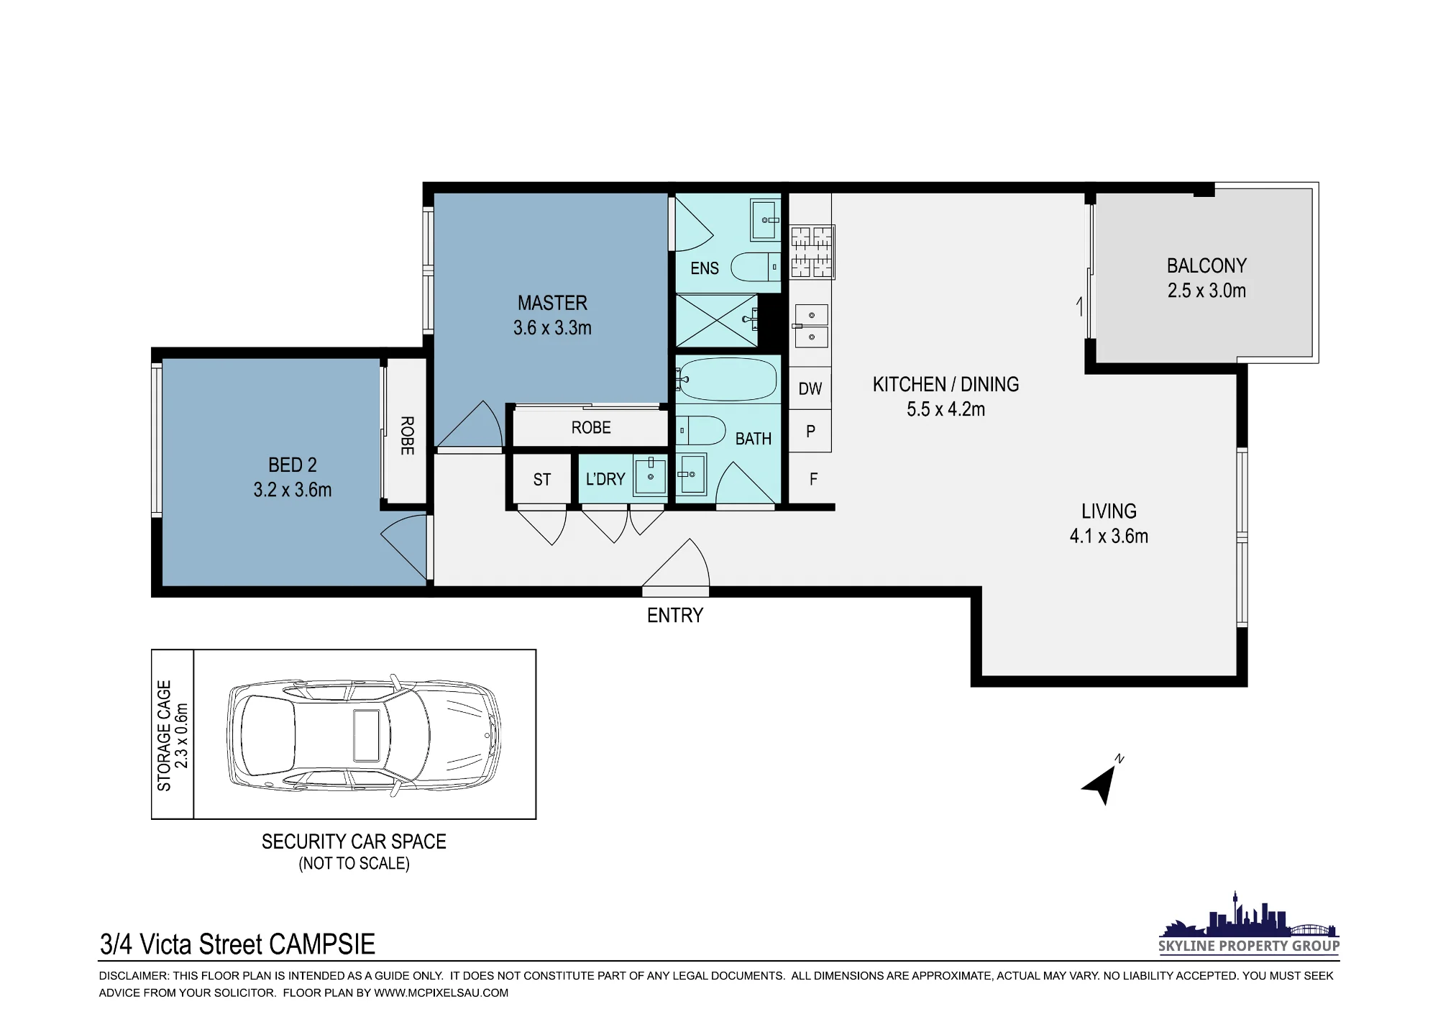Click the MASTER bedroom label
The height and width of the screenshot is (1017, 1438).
552,303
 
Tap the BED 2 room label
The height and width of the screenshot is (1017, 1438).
292,465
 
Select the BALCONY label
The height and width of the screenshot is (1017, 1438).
1206,266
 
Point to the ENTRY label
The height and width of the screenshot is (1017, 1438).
675,616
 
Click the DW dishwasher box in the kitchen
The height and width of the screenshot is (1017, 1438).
810,388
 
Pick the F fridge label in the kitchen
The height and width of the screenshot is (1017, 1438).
813,479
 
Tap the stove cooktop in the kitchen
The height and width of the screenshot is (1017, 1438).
812,252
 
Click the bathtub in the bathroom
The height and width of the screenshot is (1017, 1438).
728,379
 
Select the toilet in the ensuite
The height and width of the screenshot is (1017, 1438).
756,268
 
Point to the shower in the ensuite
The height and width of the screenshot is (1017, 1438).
717,321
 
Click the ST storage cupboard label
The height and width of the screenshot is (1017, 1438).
542,480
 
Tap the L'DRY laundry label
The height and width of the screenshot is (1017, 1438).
605,479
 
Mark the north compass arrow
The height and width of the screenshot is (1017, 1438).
1100,784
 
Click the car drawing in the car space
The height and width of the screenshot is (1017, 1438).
364,736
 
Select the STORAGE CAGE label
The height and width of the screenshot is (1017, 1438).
165,735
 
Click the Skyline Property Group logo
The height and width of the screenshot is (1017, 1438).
1249,923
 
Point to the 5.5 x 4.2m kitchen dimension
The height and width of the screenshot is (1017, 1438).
945,409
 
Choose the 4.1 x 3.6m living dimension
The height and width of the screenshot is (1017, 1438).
1109,537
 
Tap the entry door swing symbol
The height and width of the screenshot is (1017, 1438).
676,568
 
